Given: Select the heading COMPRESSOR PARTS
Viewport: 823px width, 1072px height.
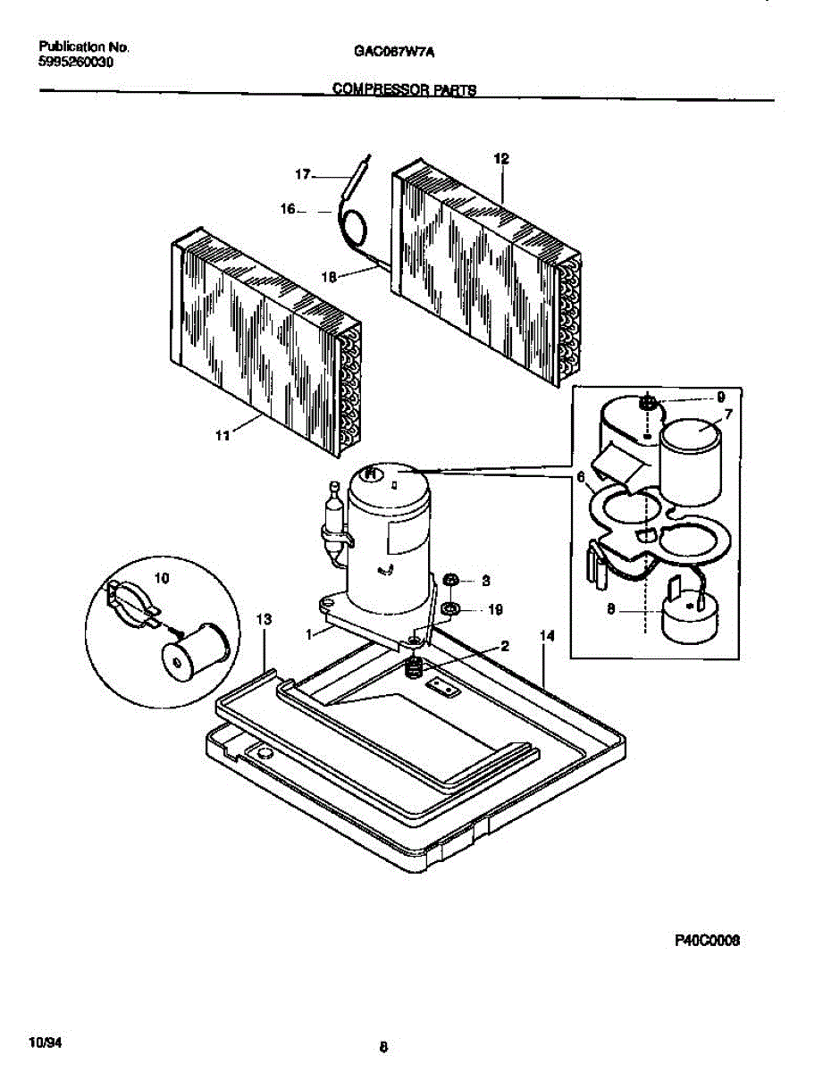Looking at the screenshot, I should click(x=404, y=89).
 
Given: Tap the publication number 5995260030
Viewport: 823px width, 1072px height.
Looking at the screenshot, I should click(x=77, y=63).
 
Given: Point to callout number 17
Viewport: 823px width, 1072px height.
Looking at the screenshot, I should click(x=303, y=175).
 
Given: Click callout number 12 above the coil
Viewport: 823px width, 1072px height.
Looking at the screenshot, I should click(x=501, y=158).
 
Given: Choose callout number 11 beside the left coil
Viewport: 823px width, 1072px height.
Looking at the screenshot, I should click(x=223, y=435).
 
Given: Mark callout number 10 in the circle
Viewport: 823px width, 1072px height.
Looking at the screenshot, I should click(x=161, y=578).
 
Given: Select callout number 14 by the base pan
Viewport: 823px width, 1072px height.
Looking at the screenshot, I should click(x=547, y=635).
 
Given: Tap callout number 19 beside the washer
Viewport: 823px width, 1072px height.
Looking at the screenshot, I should click(x=495, y=610).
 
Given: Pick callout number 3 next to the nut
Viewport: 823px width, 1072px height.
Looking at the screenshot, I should click(x=485, y=581).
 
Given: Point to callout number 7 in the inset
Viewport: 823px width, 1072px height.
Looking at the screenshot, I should click(x=727, y=415).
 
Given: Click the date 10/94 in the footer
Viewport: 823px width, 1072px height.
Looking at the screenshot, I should click(x=44, y=1043).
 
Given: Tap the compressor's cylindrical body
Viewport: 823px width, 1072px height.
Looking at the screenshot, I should click(x=389, y=545).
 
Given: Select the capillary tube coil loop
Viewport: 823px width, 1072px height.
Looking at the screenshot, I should click(x=356, y=223).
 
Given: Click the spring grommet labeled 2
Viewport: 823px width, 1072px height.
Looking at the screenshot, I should click(x=414, y=667).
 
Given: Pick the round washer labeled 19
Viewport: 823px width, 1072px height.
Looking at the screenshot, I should click(x=452, y=610).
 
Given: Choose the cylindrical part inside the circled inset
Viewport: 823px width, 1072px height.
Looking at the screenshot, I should click(x=194, y=650).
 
